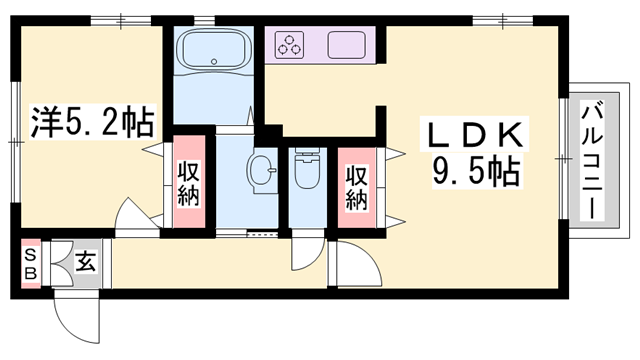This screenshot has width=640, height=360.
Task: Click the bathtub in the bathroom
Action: click(213, 51)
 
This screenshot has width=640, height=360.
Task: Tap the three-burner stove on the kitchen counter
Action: click(289, 44)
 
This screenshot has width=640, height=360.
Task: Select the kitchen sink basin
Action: click(346, 44)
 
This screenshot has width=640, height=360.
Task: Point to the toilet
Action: click(307, 168)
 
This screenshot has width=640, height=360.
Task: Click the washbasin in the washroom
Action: click(261, 171)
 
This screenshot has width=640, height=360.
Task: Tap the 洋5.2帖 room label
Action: click(93, 122)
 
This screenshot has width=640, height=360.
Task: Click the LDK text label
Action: click(475, 135)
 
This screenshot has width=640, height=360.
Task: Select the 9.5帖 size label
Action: click(476, 171)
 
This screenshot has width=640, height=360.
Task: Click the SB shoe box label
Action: click(31, 264)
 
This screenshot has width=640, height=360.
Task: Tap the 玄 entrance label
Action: click(86, 261)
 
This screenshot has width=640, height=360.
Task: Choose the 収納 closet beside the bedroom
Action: click(189, 182)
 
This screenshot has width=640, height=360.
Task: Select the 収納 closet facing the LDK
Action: click(356, 188)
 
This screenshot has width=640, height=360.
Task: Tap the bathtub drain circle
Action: click(214, 62)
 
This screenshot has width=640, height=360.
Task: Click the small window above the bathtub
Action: click(204, 20)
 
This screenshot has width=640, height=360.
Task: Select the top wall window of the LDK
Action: click(503, 20)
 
